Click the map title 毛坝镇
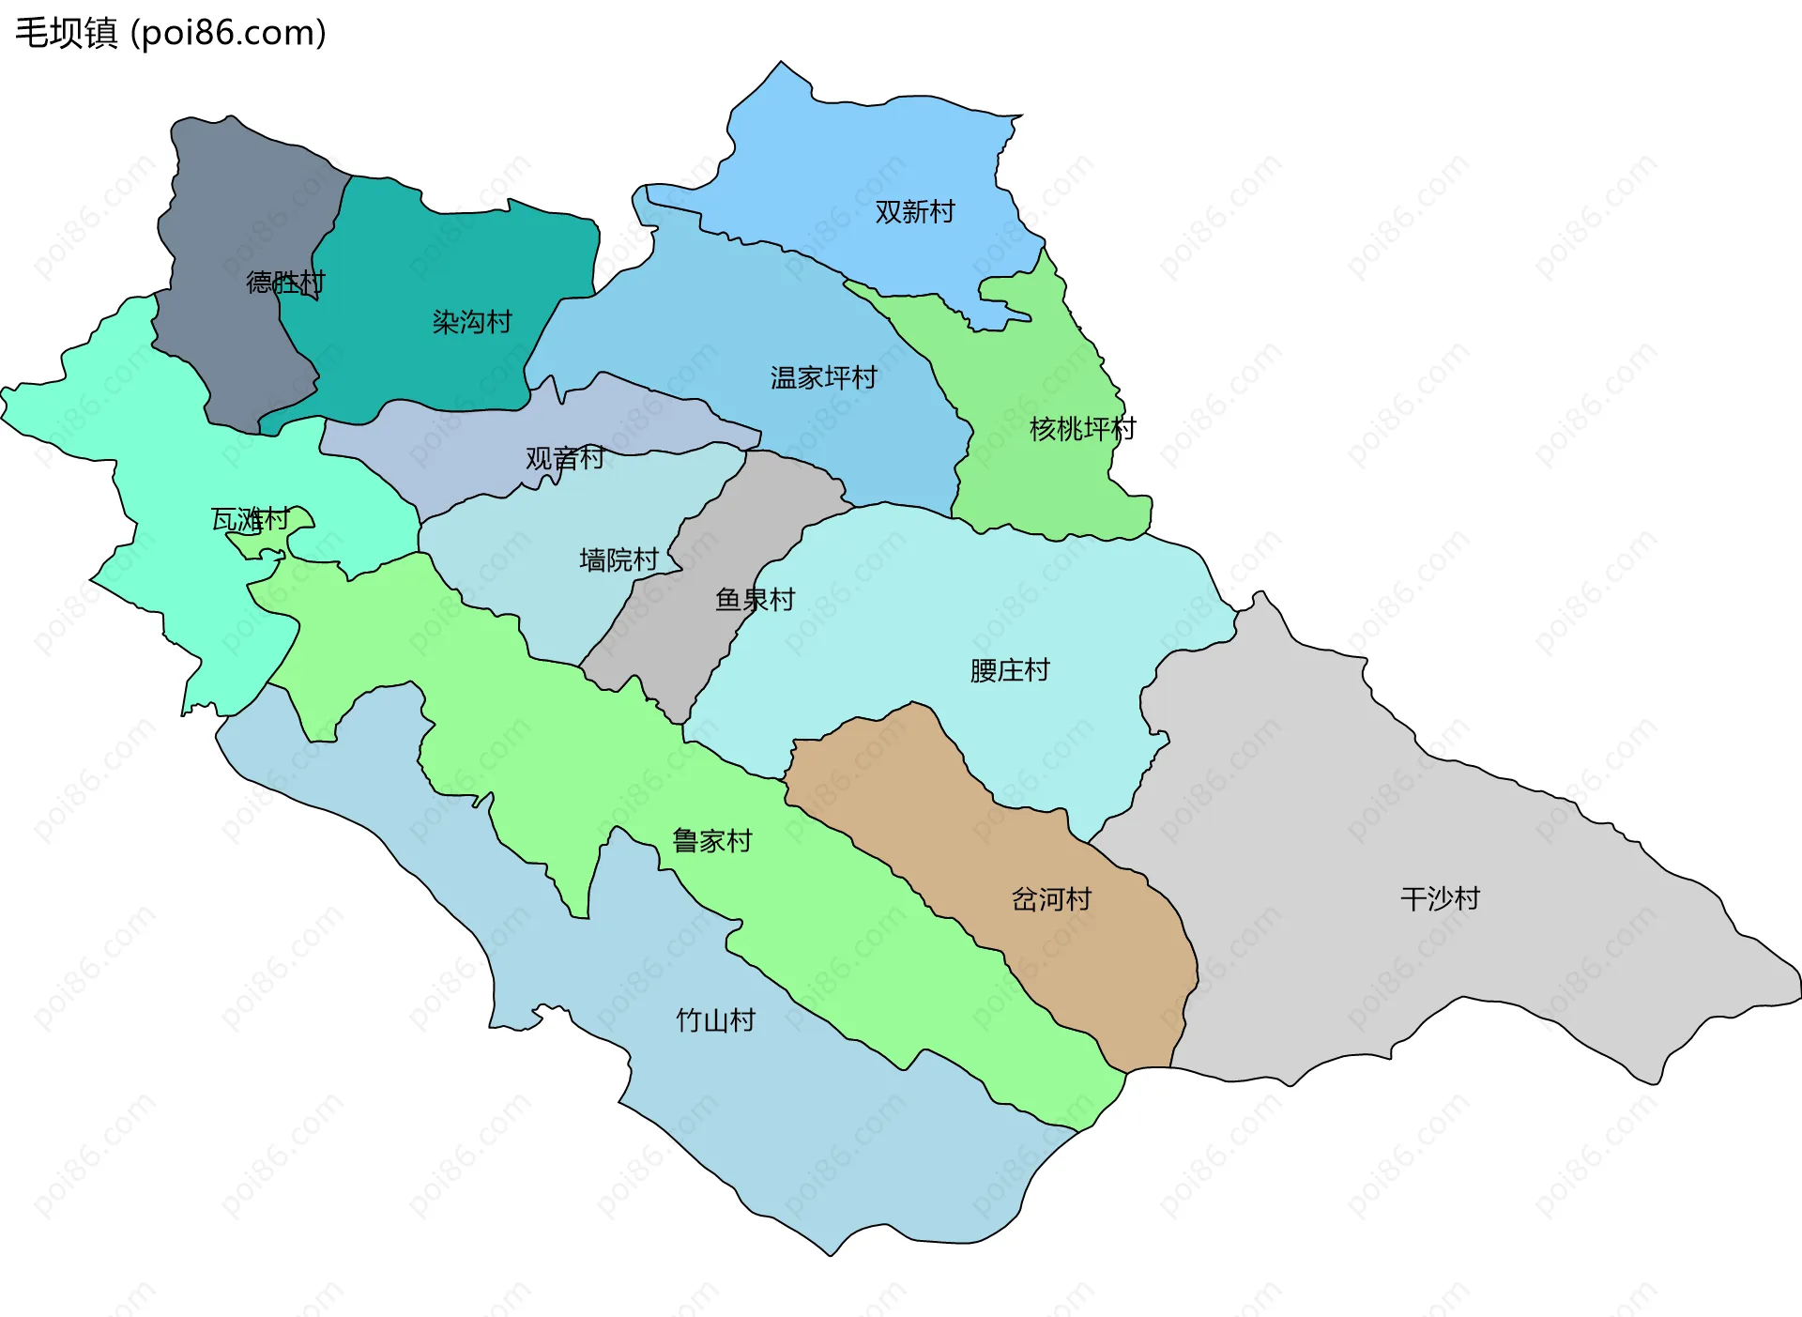(x=66, y=33)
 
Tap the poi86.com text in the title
(x=228, y=33)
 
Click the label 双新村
(x=914, y=212)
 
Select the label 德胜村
(x=284, y=282)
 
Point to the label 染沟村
(x=471, y=322)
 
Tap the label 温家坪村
(x=823, y=377)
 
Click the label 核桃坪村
(x=1081, y=429)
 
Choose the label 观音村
(x=564, y=458)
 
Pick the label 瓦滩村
(x=249, y=519)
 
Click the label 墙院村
(x=618, y=560)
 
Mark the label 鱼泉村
(x=755, y=599)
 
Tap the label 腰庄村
(x=1009, y=670)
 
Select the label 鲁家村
(x=711, y=840)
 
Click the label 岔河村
(x=1050, y=899)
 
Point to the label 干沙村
(x=1439, y=898)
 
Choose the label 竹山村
(x=715, y=1020)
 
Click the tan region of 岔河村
(x=1107, y=976)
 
